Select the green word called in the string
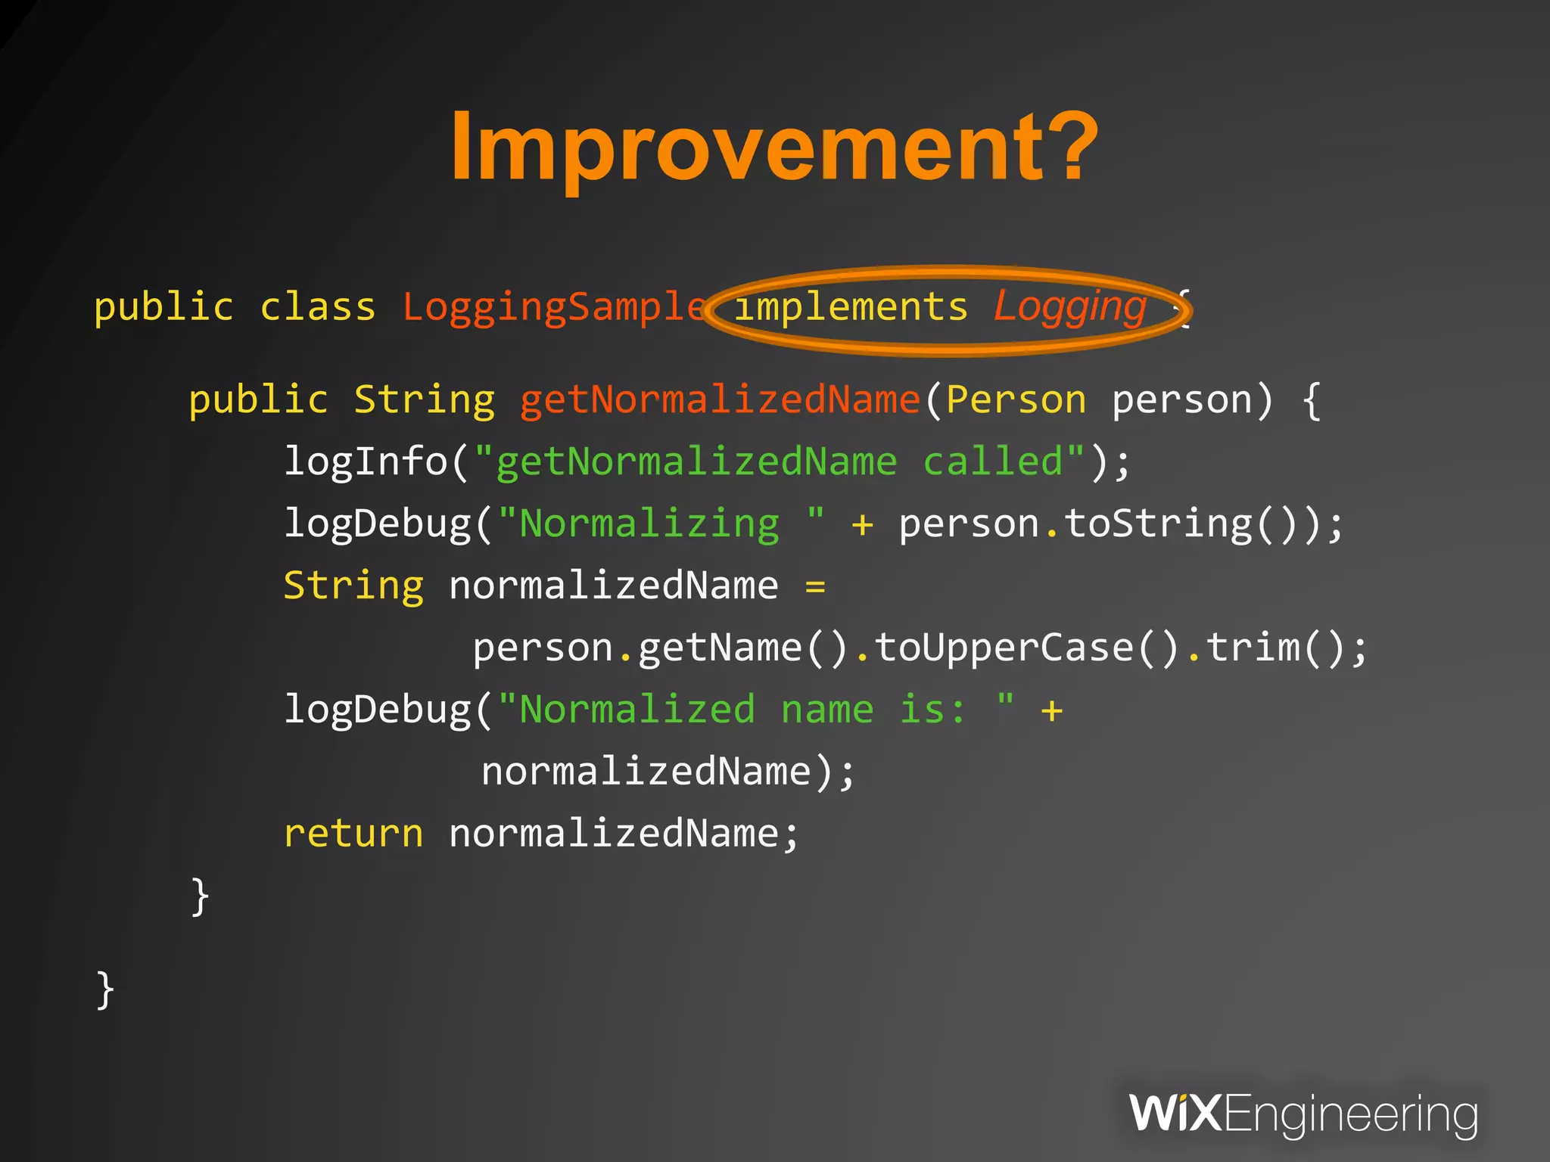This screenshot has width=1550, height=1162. pyautogui.click(x=993, y=461)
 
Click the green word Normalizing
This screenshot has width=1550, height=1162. pyautogui.click(x=649, y=524)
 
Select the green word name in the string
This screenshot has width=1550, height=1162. pyautogui.click(x=826, y=710)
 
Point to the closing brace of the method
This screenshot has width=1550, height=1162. pyautogui.click(x=200, y=896)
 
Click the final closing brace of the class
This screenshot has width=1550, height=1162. pyautogui.click(x=105, y=990)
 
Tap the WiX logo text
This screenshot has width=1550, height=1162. pyautogui.click(x=1175, y=1114)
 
